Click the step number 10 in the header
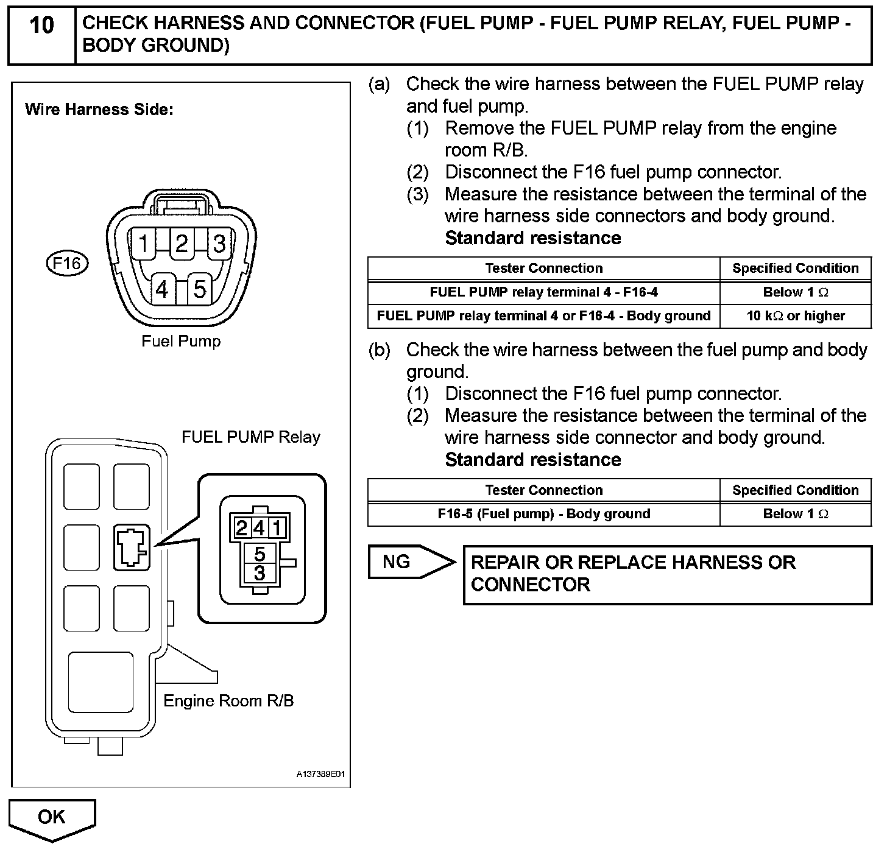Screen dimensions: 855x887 click(41, 26)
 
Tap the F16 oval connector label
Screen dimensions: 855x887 click(67, 264)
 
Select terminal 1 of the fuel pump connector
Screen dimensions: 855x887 click(144, 244)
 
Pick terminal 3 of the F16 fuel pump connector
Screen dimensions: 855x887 click(219, 244)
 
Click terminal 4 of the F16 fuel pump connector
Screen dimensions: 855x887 click(162, 289)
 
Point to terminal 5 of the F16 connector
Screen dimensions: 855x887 click(200, 289)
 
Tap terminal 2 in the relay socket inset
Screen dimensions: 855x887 click(242, 528)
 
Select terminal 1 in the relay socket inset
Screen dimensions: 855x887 click(277, 528)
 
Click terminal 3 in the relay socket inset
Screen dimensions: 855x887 click(260, 573)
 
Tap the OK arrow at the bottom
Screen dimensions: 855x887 click(52, 818)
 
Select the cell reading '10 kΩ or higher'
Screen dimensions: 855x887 click(796, 316)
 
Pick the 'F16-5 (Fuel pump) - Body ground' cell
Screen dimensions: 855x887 click(543, 514)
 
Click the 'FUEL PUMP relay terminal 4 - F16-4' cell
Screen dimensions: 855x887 click(543, 292)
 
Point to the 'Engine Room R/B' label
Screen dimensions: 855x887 click(228, 701)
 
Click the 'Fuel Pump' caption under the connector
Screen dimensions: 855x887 click(181, 341)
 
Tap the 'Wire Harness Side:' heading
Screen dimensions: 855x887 click(99, 110)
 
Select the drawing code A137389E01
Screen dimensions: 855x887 click(320, 775)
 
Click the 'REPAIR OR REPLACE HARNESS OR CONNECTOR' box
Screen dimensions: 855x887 click(667, 574)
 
